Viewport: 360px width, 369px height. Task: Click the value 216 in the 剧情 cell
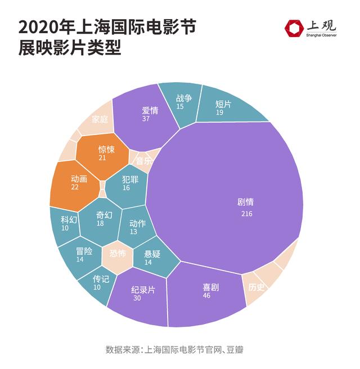tap(246, 214)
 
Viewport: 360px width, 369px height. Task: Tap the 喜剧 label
tap(211, 287)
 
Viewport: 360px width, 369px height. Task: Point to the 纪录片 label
tap(143, 290)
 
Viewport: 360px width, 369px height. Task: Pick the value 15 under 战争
tap(180, 106)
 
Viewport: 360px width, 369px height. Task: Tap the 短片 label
tap(223, 104)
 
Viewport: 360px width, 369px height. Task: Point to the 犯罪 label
tap(125, 178)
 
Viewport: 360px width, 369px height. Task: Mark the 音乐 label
tap(143, 160)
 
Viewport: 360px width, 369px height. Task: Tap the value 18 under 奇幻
tap(100, 224)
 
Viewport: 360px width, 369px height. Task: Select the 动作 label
tap(137, 223)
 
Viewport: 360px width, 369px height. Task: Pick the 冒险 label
tap(84, 251)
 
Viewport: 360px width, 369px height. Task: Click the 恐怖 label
tap(118, 253)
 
